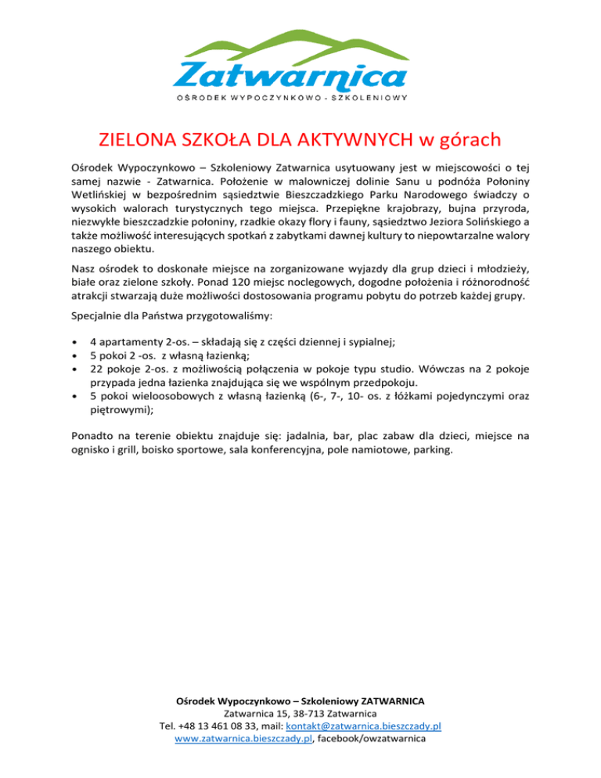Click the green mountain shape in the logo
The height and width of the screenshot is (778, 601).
click(x=313, y=45)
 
